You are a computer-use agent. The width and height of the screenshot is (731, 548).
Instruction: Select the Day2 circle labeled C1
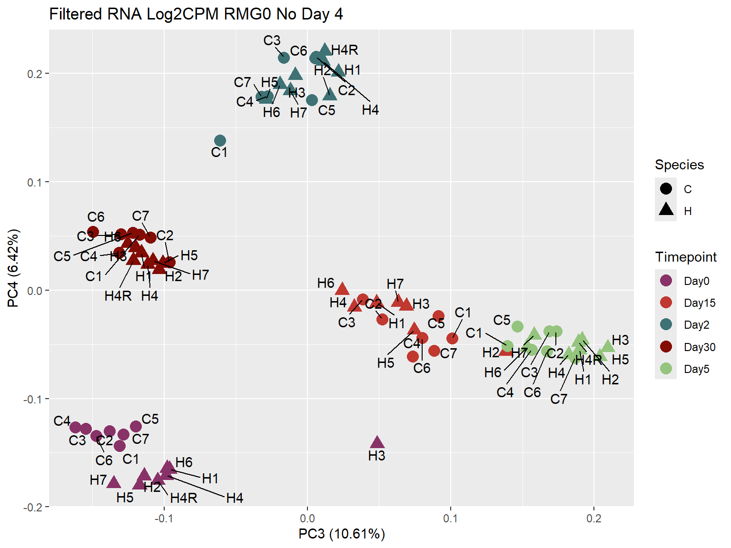pos(220,140)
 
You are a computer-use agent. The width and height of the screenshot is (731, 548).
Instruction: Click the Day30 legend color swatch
pos(666,347)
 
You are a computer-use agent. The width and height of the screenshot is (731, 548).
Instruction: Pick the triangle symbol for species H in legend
pos(666,209)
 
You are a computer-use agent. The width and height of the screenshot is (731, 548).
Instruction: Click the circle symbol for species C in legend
pos(666,188)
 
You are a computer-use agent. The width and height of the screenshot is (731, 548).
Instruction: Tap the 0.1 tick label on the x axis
pos(450,518)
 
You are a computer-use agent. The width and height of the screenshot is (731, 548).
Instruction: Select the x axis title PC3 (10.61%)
pos(341,534)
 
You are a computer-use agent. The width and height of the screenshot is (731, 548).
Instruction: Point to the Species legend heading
pos(679,165)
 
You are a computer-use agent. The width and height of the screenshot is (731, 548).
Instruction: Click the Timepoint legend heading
pos(685,257)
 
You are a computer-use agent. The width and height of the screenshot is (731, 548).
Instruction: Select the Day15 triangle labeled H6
pos(342,289)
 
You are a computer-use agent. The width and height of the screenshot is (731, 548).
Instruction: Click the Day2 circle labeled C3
pos(284,58)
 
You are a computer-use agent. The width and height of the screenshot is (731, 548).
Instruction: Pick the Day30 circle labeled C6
pos(93,232)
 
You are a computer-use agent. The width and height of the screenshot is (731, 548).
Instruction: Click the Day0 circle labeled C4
pos(75,427)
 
